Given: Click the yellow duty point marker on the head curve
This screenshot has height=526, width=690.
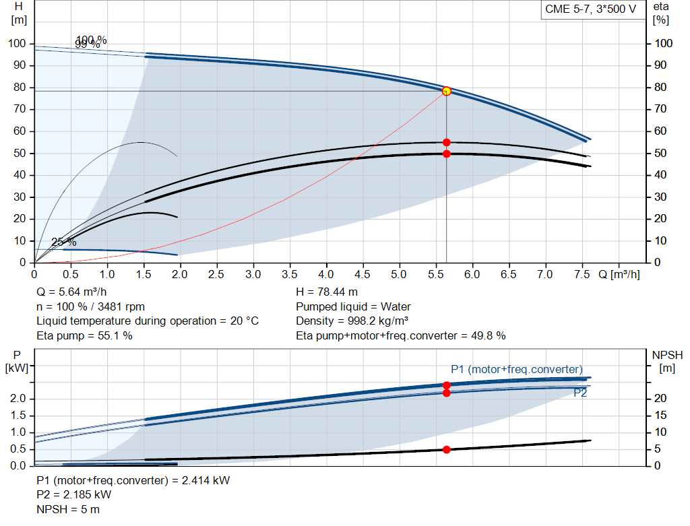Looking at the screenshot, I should point(446,91).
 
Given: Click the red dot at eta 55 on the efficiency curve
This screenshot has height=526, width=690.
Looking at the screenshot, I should point(446,142).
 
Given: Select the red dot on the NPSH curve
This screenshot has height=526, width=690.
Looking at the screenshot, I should point(446,449).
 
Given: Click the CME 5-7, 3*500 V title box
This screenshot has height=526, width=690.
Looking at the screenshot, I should point(590,9).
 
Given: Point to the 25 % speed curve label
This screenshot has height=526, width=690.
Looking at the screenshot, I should point(64,242).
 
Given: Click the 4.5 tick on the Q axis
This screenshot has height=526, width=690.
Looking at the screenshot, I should point(363,275).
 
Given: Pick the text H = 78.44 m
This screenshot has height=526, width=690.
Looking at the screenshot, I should point(327,292).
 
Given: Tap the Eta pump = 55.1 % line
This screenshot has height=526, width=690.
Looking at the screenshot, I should point(84,335).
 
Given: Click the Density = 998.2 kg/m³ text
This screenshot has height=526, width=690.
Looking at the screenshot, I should point(352,321).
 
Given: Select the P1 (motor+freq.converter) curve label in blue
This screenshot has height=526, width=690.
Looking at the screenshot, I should point(516,369).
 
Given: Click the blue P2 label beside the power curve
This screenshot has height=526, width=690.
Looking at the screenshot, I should point(580,393).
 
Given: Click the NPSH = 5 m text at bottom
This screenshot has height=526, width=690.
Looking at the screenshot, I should point(67,509).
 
